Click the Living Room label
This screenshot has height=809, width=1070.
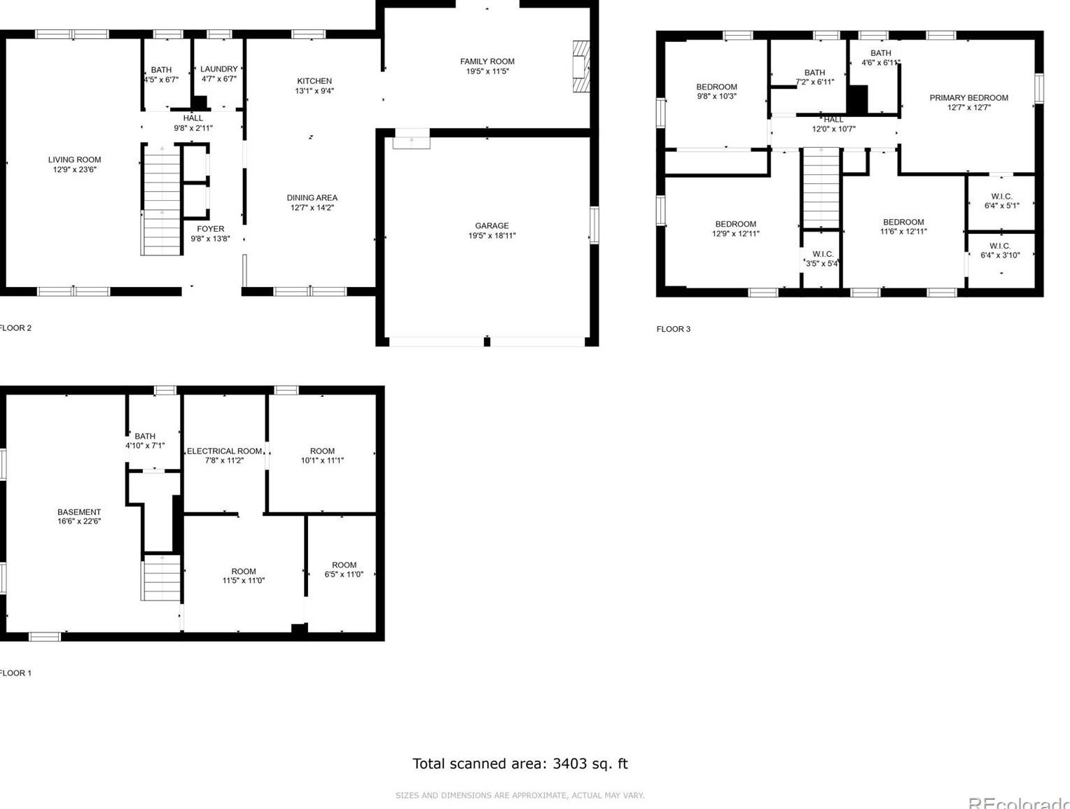tap(75, 160)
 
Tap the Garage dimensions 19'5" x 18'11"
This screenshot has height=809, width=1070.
tap(492, 236)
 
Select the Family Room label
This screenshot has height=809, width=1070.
tap(487, 62)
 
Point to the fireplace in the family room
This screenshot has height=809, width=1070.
tap(581, 66)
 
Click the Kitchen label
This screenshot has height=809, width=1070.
tap(314, 81)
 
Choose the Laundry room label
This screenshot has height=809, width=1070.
tap(219, 69)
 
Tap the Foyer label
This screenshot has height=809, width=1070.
tap(211, 229)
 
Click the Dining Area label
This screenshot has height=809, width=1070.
tap(312, 198)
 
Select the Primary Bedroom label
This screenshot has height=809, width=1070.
tap(968, 98)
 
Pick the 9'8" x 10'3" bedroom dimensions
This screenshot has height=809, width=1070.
tap(716, 97)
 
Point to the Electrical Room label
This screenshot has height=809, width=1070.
tap(224, 451)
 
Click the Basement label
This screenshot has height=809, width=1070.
tap(79, 512)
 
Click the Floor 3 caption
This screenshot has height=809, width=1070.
tap(673, 329)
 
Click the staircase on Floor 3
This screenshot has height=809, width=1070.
tap(821, 188)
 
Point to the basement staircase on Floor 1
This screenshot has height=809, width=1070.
tap(161, 577)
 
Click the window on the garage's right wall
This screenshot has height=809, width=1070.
tap(595, 225)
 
